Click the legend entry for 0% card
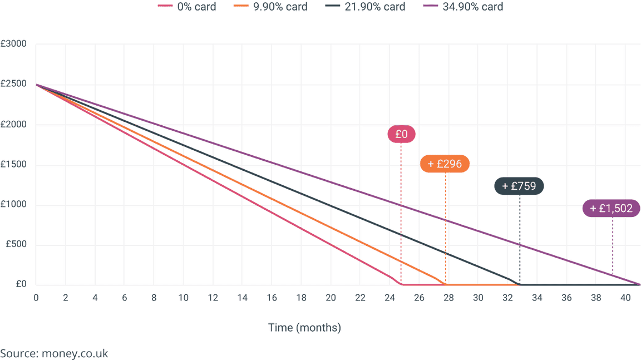pos(187,7)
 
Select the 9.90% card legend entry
pos(270,7)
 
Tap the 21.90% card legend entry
pos(366,7)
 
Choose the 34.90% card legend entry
pos(463,7)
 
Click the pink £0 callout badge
pos(401,134)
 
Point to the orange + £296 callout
pos(445,164)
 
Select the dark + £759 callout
pos(519,186)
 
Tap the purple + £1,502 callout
pos(611,209)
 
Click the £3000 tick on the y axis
pos(13,44)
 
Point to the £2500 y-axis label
pos(13,84)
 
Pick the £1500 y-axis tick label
pos(13,164)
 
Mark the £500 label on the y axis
pos(16,244)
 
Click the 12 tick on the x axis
pos(213,298)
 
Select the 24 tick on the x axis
pos(389,298)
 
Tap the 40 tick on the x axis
pos(625,298)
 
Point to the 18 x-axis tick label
pos(301,298)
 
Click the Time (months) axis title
pos(304,328)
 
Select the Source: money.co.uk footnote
pos(54,353)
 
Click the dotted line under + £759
pos(520,239)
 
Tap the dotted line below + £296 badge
pos(446,229)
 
